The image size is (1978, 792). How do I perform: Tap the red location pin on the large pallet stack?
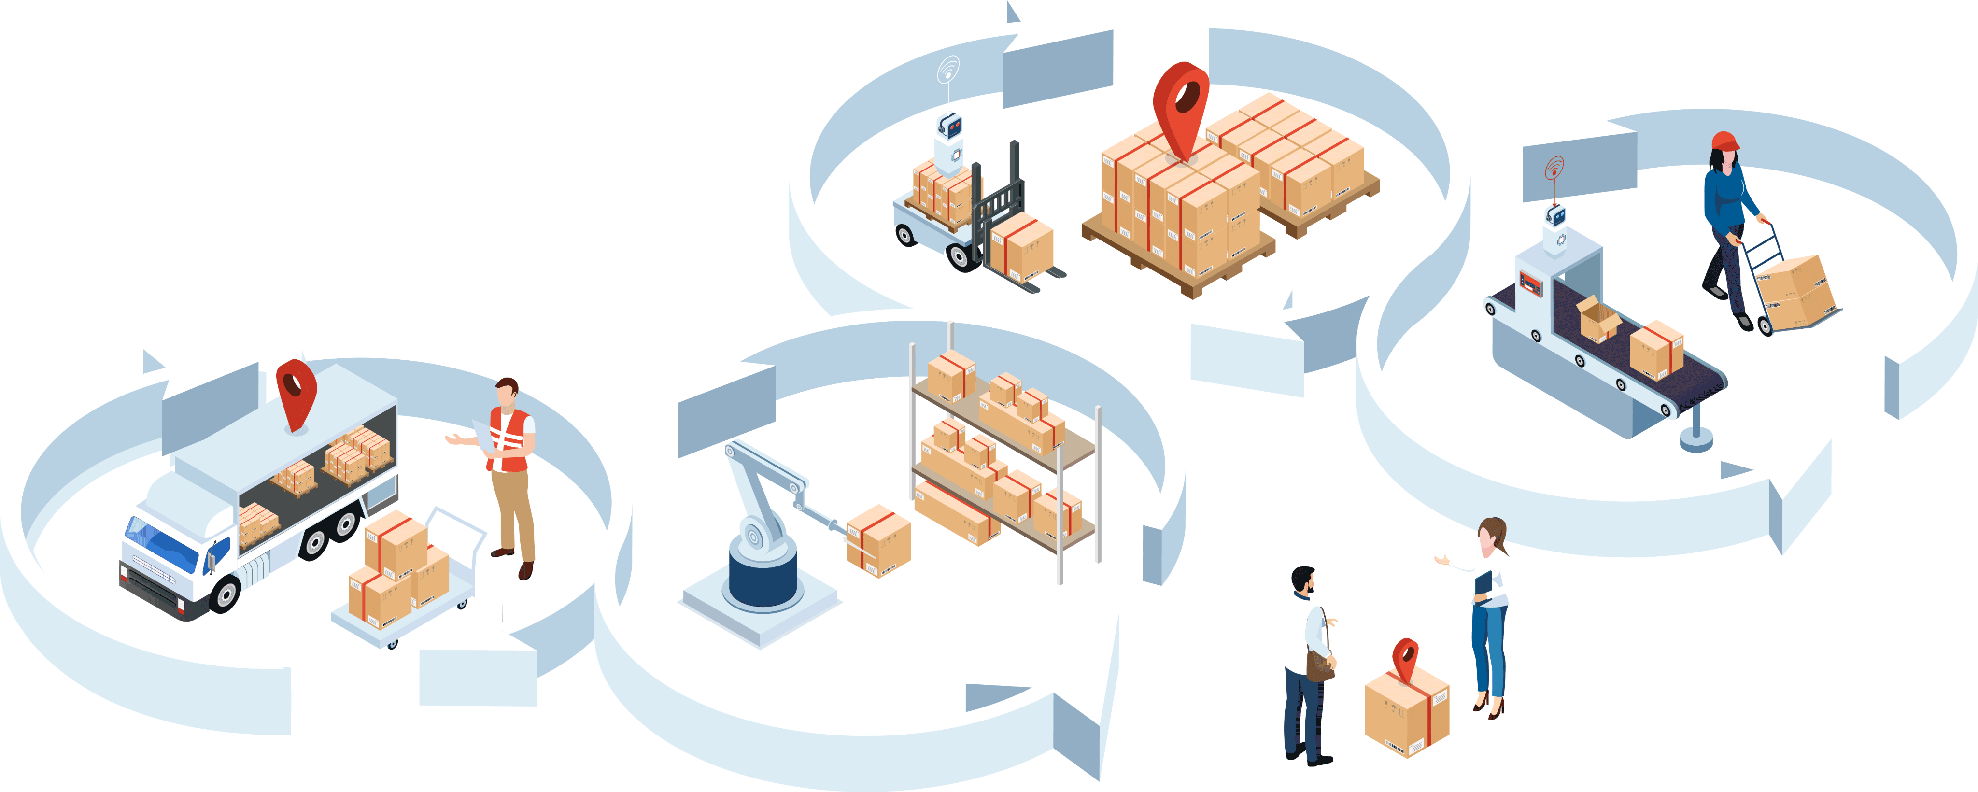click(x=1181, y=104)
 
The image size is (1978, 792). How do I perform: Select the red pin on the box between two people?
click(x=1405, y=657)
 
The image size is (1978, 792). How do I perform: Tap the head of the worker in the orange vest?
click(x=506, y=392)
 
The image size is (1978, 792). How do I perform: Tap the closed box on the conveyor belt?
click(x=1656, y=350)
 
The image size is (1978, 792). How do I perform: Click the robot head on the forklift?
click(x=950, y=125)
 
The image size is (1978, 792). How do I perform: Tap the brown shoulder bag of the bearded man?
click(x=1320, y=665)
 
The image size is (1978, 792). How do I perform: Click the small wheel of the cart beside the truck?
click(x=393, y=644)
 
